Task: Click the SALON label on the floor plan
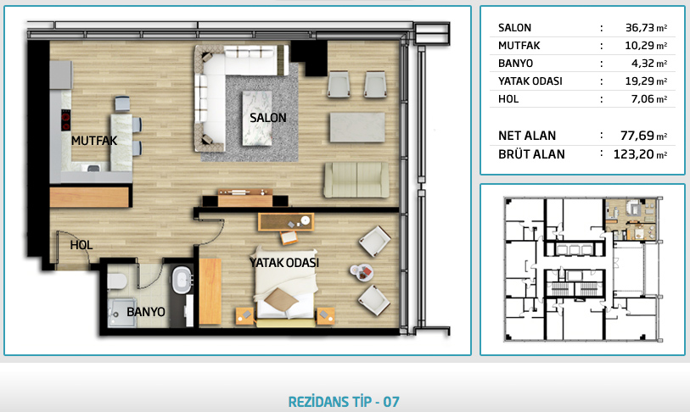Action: pos(268,118)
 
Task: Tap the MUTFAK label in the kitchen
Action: pos(94,141)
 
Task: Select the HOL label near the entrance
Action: pos(81,245)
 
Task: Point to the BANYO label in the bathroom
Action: pos(146,312)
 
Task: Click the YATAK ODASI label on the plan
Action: pos(284,263)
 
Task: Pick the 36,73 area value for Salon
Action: pos(640,28)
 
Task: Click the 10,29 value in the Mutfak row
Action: pos(640,45)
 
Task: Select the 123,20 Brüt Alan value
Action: pos(634,154)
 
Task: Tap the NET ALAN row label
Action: pos(527,136)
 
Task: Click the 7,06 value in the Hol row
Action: pos(643,99)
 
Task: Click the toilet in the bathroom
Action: pos(116,281)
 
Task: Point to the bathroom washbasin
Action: pos(181,280)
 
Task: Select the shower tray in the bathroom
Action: pos(122,311)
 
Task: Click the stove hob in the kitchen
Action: pos(65,120)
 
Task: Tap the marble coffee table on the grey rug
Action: pos(257,118)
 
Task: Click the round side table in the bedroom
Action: pos(362,273)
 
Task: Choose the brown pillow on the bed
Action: pos(281,299)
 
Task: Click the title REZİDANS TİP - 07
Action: pos(344,402)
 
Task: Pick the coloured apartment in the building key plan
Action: pos(631,219)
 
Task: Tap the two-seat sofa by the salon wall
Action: pos(356,180)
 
